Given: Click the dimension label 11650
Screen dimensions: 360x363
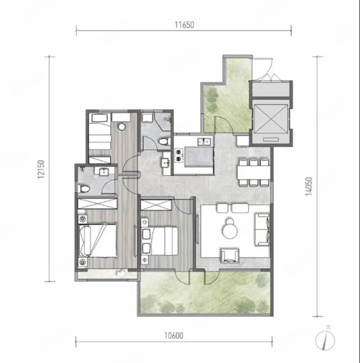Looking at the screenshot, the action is [x=184, y=24].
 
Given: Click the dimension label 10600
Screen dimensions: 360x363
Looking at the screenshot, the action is [x=174, y=335].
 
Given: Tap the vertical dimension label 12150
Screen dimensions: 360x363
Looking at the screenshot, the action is [x=41, y=169].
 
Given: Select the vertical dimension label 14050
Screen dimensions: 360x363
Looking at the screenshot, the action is [x=309, y=187].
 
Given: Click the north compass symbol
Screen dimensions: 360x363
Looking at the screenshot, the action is [x=325, y=340].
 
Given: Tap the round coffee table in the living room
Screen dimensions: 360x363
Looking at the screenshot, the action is [x=230, y=229].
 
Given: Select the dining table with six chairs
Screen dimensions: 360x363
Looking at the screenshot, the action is [x=254, y=172].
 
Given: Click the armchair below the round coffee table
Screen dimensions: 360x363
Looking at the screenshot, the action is [x=230, y=256].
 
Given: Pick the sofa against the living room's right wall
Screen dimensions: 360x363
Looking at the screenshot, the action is [x=263, y=229].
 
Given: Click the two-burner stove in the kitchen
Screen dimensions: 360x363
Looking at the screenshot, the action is [x=179, y=156].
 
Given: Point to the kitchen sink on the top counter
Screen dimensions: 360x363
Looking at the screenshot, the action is [x=205, y=141].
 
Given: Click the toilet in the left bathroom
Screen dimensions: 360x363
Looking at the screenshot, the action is [x=84, y=189].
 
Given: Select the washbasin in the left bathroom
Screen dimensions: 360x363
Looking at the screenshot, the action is [x=104, y=172].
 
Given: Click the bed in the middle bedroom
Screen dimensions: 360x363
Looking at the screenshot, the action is [x=160, y=241].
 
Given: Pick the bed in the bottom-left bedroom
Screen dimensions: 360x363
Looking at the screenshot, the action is [x=97, y=240].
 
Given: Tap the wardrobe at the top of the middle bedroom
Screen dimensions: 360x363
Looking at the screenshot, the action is [x=156, y=205].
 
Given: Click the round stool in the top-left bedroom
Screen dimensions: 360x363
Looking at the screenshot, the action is [x=121, y=127].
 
